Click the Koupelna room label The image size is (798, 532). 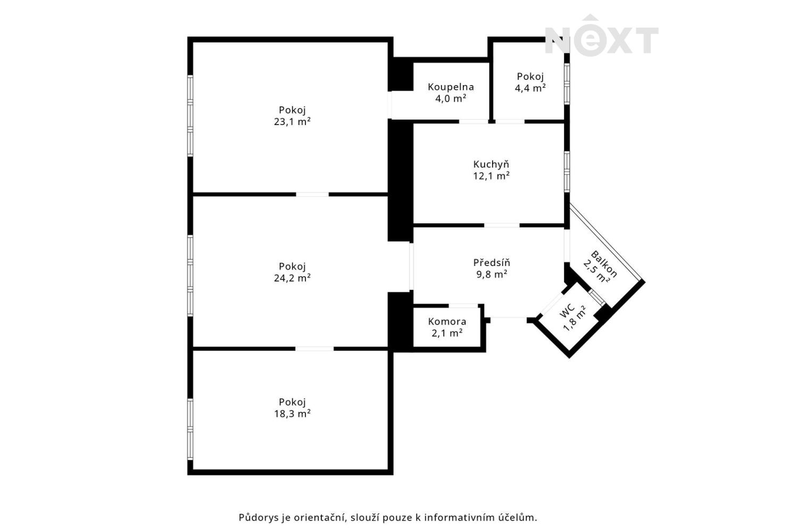click(x=451, y=87)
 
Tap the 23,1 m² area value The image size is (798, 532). click(x=292, y=122)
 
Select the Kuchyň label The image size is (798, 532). click(x=491, y=164)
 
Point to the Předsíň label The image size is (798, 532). click(x=492, y=263)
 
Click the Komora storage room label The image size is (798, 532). click(x=447, y=321)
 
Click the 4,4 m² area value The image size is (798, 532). click(x=530, y=88)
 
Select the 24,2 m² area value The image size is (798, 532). click(x=292, y=278)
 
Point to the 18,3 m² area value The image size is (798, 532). click(x=292, y=414)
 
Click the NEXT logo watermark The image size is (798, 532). click(x=602, y=36)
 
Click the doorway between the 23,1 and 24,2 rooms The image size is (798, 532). click(x=312, y=195)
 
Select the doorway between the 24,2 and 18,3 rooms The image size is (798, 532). click(x=314, y=349)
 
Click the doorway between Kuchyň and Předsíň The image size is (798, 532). click(x=502, y=226)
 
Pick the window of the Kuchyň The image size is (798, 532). click(x=567, y=172)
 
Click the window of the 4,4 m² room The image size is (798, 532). click(x=567, y=84)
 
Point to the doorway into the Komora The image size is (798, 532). click(x=463, y=306)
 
